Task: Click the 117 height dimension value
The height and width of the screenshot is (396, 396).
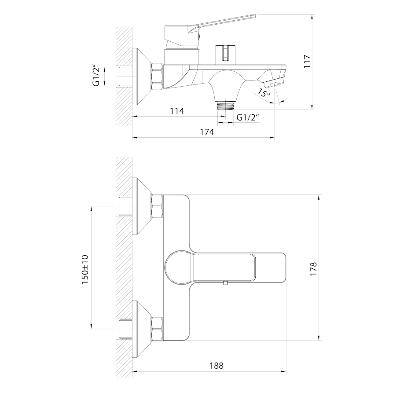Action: tap(307, 61)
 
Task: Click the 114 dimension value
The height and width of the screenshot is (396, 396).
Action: tap(176, 111)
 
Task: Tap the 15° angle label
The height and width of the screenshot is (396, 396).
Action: tap(264, 93)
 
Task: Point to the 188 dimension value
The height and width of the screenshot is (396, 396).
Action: tap(216, 365)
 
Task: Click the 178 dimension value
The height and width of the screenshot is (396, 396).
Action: tap(313, 268)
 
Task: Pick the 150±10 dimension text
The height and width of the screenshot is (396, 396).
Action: tap(85, 268)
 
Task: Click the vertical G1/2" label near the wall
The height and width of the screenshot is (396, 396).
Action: tap(95, 77)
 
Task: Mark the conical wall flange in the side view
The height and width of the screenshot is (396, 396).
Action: tap(141, 77)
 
